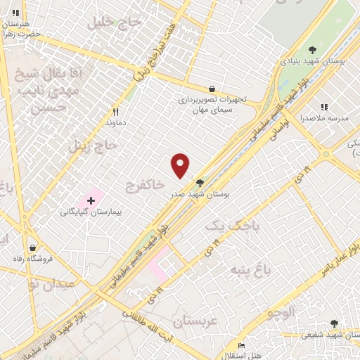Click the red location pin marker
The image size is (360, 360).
181,165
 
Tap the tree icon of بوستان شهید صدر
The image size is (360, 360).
200,181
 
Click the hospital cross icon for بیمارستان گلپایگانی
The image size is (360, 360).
91,201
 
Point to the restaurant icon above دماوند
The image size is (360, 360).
117,111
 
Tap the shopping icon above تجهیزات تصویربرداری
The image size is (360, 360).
212,89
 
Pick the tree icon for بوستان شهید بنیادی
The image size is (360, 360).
312,49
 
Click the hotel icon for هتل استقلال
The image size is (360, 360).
241,345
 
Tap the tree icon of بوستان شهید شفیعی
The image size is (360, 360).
334,324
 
